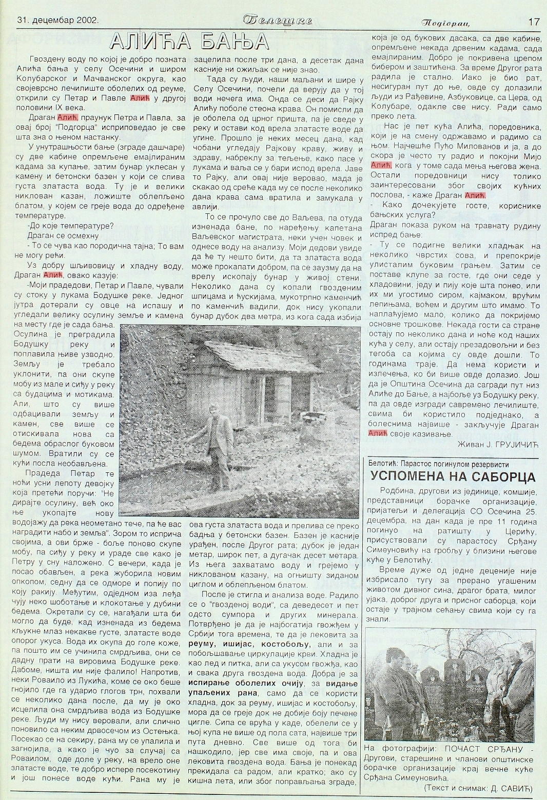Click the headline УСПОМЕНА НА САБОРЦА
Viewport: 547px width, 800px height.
point(453,477)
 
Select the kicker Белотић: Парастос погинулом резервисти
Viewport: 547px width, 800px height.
point(434,463)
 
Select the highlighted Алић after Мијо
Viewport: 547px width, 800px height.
point(381,166)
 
